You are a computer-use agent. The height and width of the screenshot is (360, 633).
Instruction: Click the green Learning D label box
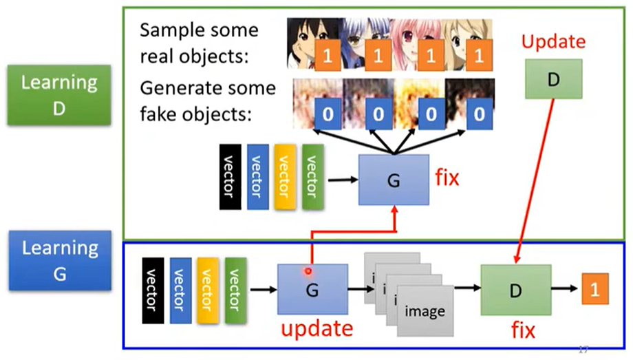point(59,95)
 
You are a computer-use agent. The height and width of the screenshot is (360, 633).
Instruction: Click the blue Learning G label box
point(59,260)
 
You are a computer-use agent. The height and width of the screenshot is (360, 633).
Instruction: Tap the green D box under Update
point(553,78)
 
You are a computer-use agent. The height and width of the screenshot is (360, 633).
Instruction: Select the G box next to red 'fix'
point(394,180)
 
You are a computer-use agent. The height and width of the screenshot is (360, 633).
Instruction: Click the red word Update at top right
point(553,41)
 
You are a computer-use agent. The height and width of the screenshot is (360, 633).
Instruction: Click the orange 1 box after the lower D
point(595,290)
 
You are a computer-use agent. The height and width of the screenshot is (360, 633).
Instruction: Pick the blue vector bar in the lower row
point(180,289)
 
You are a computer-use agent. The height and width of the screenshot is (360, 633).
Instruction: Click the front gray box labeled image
point(425,311)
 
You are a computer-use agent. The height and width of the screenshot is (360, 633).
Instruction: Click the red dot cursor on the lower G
point(309,271)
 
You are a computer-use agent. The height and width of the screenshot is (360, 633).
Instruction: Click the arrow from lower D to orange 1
point(561,290)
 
